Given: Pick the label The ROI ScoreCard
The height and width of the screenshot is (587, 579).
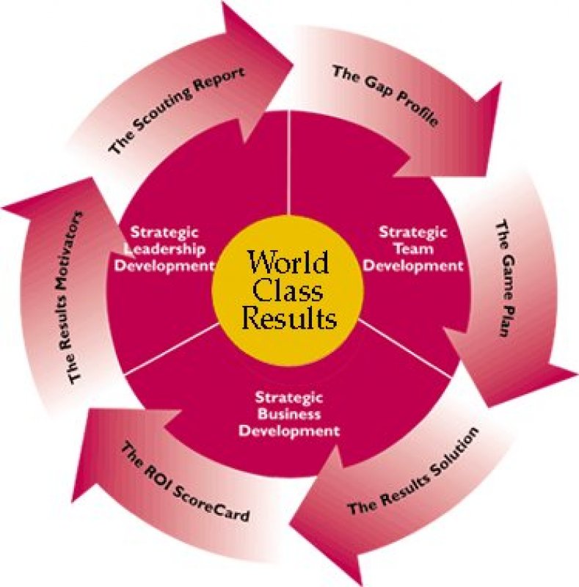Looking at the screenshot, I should pos(185,482).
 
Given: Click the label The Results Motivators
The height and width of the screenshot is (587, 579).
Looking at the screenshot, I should pos(73,297).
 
